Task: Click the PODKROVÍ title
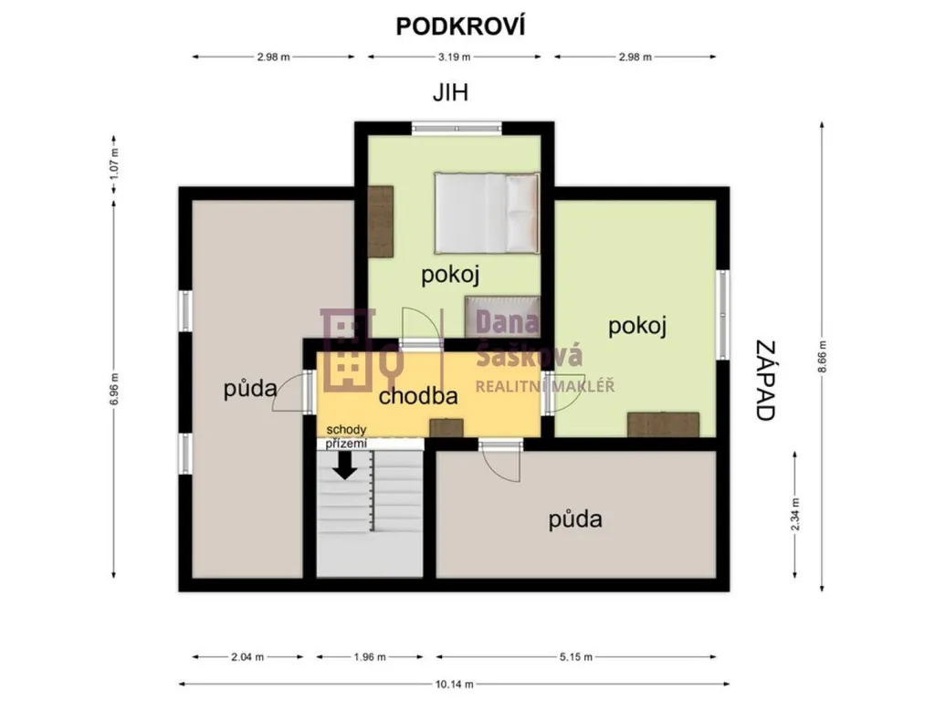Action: coord(460,26)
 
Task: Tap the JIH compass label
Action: coord(450,93)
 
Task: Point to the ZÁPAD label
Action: coord(765,381)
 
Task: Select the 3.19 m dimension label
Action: coord(455,58)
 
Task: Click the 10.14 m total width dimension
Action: coord(455,685)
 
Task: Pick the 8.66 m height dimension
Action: coord(823,357)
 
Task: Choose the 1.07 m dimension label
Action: coord(114,163)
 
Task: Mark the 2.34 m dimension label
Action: coord(795,514)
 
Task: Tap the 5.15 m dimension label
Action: coord(576,657)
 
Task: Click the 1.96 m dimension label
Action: coord(370,657)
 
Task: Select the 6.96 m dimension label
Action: coord(114,389)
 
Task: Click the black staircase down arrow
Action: coord(344,465)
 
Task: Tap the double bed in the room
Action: coord(487,213)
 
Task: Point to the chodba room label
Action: coord(418,396)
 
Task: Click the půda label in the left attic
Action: coord(250,390)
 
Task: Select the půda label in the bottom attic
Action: coord(575,519)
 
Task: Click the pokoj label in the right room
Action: coord(636,327)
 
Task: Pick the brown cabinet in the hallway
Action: coord(446,427)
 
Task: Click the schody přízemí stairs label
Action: coord(346,436)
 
